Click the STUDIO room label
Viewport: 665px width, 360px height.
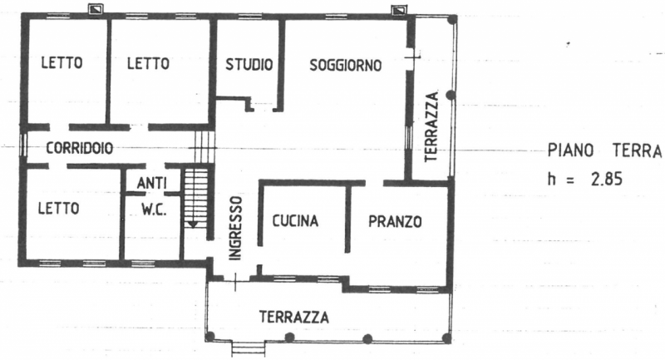[249, 65]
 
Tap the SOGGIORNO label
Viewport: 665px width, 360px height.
[346, 66]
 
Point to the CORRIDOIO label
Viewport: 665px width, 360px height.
[80, 149]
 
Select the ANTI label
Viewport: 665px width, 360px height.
[152, 183]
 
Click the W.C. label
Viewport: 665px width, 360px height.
[154, 210]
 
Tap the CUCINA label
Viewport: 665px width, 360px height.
[295, 221]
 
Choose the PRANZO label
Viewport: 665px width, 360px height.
[395, 221]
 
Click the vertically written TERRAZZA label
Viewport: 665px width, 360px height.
[431, 126]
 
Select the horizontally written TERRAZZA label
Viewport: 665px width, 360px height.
[294, 317]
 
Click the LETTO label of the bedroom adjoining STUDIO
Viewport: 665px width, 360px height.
[149, 64]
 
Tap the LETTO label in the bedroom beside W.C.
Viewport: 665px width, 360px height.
[58, 208]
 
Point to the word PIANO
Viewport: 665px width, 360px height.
[570, 150]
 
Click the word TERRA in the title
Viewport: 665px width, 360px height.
[638, 150]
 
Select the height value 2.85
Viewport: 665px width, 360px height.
[607, 180]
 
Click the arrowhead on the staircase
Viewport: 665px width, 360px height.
[193, 224]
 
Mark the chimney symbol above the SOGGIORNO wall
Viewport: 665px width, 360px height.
[398, 10]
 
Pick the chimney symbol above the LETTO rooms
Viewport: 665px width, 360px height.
[96, 9]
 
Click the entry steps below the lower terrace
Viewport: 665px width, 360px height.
[249, 348]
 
